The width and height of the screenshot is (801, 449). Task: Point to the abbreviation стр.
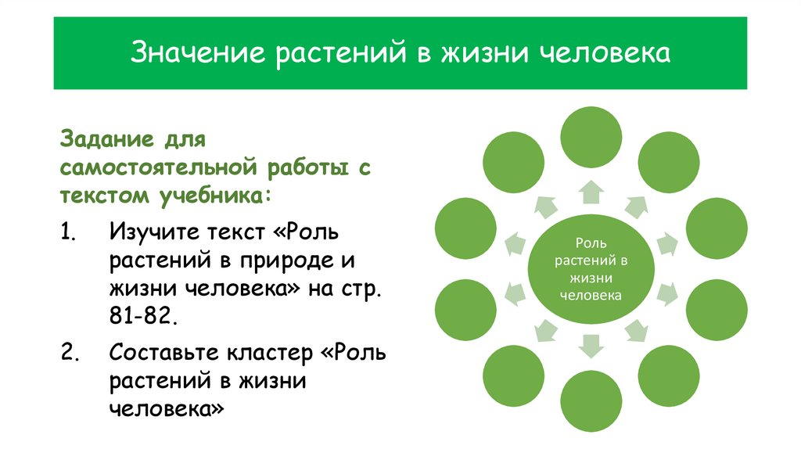(x=363, y=288)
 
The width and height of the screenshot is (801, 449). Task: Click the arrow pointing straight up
(x=592, y=190)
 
